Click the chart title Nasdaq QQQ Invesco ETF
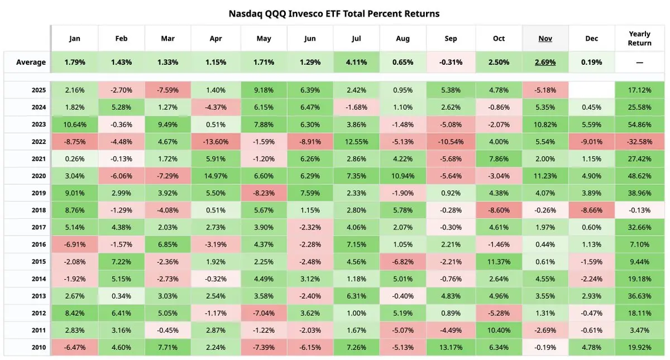pos(334,13)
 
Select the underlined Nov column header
pos(545,39)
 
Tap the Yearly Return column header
pos(639,39)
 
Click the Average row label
pos(31,62)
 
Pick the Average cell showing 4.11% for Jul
pos(356,62)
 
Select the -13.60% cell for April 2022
pos(215,142)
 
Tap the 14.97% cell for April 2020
pos(215,176)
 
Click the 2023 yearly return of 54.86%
pos(639,124)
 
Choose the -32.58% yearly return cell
pos(639,142)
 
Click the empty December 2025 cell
pos(591,90)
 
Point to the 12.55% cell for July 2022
pos(356,142)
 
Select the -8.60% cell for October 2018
pos(499,210)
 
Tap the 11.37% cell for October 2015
pos(499,262)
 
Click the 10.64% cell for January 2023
pos(74,124)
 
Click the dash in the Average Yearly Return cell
pos(639,62)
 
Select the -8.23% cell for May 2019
pos(264,193)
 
